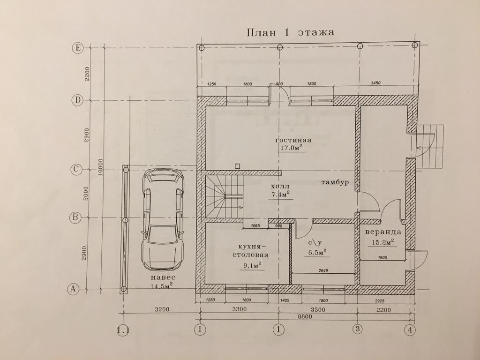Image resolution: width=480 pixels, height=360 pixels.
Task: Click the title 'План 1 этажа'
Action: point(290,32)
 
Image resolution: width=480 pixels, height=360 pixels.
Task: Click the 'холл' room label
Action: point(277,186)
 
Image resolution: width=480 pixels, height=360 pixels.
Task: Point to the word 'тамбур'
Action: point(334,182)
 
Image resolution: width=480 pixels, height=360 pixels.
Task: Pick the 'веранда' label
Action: point(383,232)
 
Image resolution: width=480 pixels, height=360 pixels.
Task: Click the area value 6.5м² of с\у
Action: point(317,252)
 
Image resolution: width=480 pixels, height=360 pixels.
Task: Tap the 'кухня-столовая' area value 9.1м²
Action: point(252,265)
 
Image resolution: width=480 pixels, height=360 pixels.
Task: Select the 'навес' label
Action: point(162,277)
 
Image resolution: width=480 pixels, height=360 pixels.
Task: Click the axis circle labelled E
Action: point(77,47)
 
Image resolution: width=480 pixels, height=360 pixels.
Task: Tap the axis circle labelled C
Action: point(76,170)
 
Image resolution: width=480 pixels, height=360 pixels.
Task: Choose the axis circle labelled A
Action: point(73,289)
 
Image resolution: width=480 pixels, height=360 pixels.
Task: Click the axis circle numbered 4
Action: point(411,330)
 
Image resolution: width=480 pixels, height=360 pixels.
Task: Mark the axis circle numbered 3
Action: point(358,329)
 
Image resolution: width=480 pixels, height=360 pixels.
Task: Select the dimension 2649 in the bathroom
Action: point(323,270)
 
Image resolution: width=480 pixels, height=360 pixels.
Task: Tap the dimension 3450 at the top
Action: point(375,83)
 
